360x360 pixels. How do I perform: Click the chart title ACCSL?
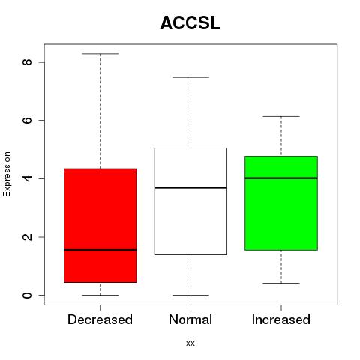190,23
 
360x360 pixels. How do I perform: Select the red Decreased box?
100,226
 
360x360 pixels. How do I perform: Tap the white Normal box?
190,201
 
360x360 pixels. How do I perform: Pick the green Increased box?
281,203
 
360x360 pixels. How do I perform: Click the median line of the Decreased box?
100,250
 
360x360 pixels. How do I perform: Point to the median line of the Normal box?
190,187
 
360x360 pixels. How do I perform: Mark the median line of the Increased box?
281,178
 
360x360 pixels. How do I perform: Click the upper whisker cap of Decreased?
100,54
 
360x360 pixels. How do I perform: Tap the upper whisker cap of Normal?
190,77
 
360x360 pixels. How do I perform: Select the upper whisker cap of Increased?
281,116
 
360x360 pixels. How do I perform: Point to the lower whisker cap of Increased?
281,283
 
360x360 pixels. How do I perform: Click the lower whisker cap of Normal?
190,295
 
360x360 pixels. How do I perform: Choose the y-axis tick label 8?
27,62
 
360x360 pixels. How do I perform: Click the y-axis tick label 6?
27,120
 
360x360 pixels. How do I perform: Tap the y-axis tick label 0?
27,295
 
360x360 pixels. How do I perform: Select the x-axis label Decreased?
100,319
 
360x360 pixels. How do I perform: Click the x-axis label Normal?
190,319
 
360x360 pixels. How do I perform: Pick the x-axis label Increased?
281,319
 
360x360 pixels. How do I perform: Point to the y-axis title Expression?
7,174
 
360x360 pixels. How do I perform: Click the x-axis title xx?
190,343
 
